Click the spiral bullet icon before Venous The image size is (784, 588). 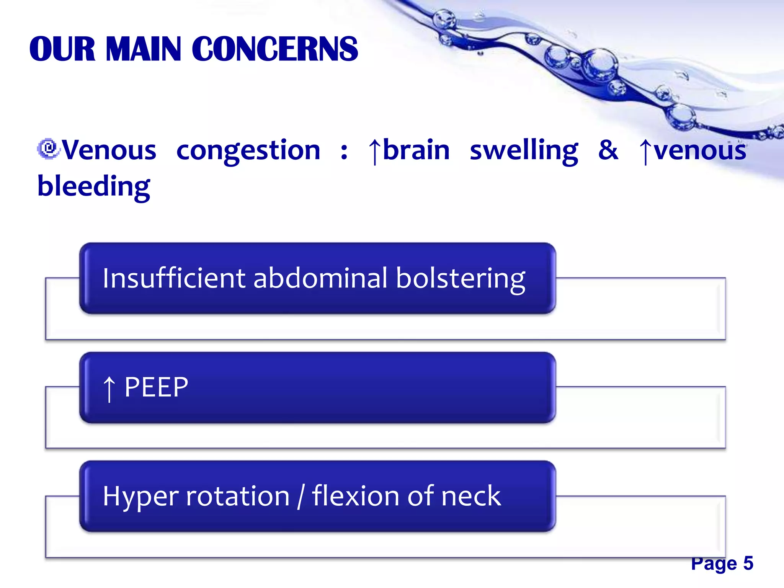click(x=48, y=149)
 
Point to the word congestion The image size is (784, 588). click(x=248, y=150)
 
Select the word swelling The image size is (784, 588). click(x=524, y=150)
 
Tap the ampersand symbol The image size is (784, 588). click(x=608, y=150)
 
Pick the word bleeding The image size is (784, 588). click(x=94, y=186)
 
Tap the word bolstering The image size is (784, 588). click(x=461, y=279)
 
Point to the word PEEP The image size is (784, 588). click(x=156, y=387)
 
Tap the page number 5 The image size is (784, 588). click(x=748, y=563)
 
